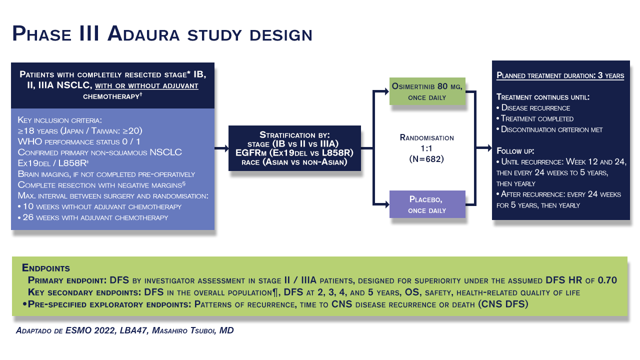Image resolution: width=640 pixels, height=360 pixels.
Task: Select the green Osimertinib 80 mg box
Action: click(427, 91)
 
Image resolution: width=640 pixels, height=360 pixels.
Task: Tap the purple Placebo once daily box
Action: click(427, 204)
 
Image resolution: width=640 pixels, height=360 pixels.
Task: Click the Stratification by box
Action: click(294, 148)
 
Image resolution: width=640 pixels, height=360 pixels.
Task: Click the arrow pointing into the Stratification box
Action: click(221, 148)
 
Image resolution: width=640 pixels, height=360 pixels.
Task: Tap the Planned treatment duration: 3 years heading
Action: click(560, 76)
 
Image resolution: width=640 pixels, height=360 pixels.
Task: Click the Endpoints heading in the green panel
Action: click(46, 267)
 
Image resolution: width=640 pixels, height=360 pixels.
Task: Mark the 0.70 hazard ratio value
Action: click(604, 279)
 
